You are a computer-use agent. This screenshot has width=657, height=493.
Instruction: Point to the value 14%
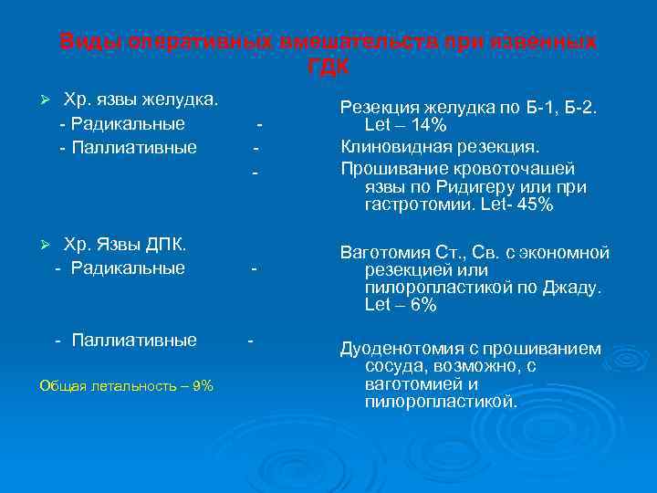coord(427,125)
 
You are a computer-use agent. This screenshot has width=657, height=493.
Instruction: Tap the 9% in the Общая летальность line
coord(203,385)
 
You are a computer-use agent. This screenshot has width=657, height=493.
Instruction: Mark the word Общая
coord(59,385)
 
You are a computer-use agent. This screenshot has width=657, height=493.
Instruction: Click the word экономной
coord(565,253)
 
